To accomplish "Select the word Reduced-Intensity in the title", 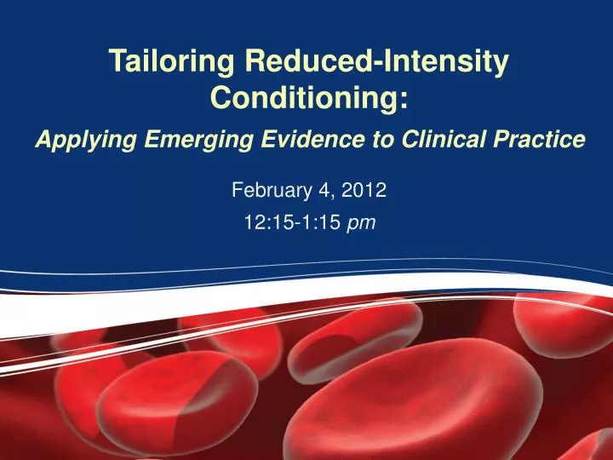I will (x=378, y=62).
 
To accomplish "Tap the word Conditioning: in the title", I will (x=308, y=98).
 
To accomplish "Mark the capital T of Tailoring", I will (x=116, y=61).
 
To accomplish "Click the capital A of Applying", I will (x=43, y=140).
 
